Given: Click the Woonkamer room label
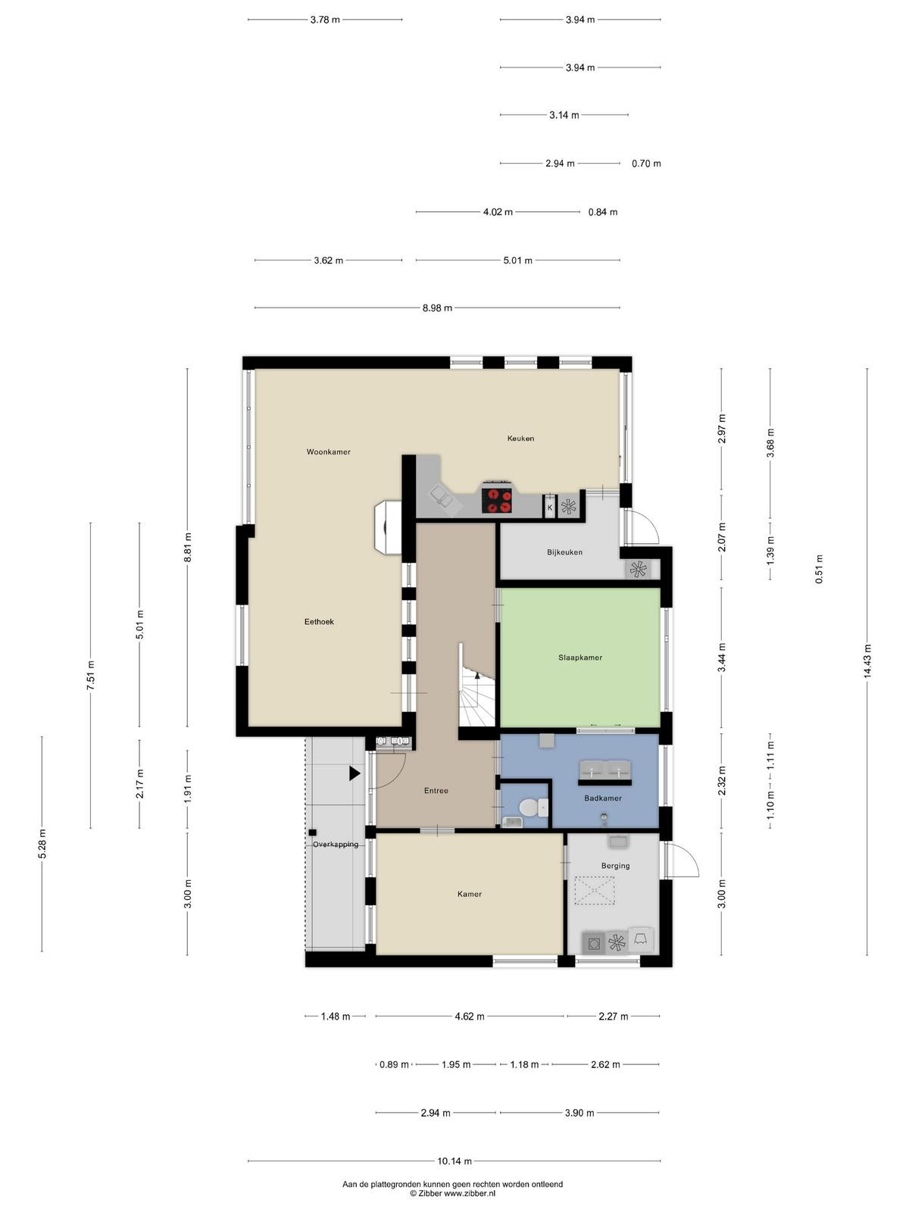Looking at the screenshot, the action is (329, 451).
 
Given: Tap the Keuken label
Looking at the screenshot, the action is (520, 439).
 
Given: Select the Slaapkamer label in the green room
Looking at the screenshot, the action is (580, 658).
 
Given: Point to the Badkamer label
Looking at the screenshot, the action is (603, 798).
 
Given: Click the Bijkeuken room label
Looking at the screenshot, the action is (564, 552).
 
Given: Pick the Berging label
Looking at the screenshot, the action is (615, 866).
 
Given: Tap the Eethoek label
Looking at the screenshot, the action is (319, 622).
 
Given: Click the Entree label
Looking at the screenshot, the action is (436, 791).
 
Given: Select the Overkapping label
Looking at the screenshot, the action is (336, 845).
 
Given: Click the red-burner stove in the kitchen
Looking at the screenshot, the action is (497, 498).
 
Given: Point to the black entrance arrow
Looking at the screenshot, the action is (355, 773).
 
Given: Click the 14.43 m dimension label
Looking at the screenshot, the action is (867, 661).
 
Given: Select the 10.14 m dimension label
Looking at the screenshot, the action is (454, 1161).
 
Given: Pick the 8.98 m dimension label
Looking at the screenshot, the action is (437, 308).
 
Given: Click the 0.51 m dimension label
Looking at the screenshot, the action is (819, 570).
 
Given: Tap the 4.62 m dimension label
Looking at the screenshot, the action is (470, 1016).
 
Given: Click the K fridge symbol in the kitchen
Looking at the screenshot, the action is (550, 507).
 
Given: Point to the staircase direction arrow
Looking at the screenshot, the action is (477, 675).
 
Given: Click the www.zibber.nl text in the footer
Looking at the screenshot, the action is (470, 1192).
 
